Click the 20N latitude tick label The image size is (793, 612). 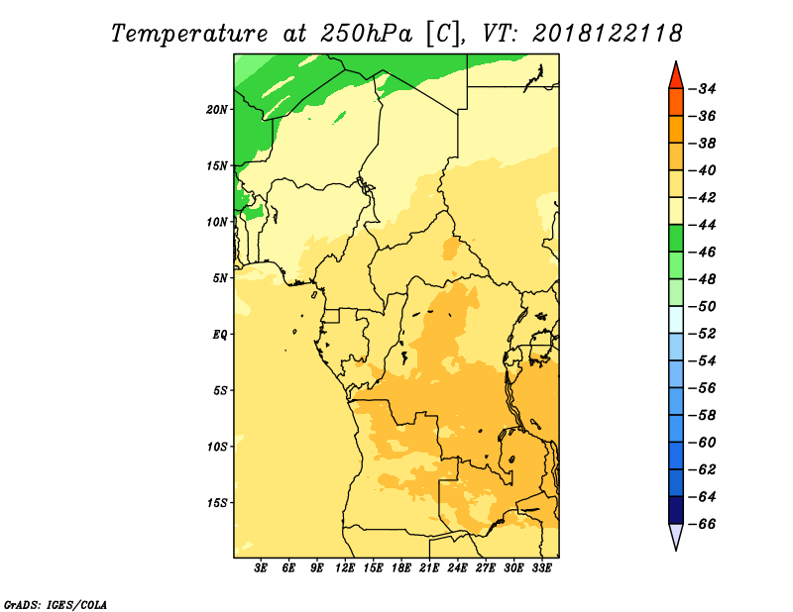click(217, 110)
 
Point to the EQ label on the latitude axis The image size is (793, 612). click(219, 335)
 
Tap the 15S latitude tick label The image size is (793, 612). click(217, 503)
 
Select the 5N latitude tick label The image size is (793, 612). click(220, 278)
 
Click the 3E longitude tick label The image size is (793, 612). click(261, 567)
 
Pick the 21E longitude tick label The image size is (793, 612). click(429, 567)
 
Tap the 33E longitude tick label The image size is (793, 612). click(541, 567)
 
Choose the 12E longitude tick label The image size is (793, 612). click(345, 567)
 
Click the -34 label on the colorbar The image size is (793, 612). click(704, 89)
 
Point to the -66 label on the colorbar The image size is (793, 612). click(704, 524)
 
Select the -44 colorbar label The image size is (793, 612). click(704, 225)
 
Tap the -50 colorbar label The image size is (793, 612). click(704, 306)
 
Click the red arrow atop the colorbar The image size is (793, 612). click(676, 76)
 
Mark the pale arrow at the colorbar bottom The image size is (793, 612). click(676, 536)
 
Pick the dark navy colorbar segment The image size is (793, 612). click(676, 510)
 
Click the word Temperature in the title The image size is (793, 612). click(189, 34)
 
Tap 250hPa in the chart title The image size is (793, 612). click(366, 34)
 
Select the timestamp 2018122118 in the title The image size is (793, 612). click(608, 34)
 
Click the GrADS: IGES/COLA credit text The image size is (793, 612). click(56, 604)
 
